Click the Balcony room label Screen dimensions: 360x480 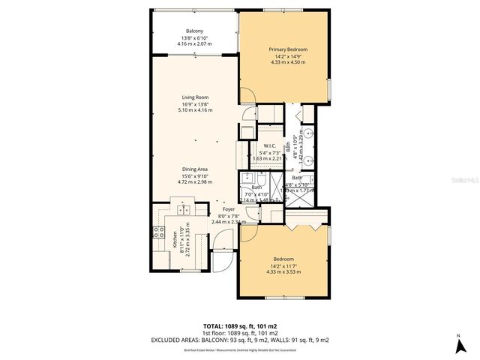[194, 31]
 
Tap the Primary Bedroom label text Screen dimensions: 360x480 [288, 49]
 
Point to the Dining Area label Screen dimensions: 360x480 [194, 169]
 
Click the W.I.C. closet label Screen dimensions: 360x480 [269, 145]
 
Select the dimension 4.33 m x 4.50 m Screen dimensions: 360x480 [288, 62]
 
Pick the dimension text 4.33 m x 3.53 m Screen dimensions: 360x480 [283, 271]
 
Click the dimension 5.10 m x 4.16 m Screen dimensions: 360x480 [194, 110]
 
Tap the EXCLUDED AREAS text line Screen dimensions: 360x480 [240, 338]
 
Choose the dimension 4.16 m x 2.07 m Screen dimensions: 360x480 [194, 44]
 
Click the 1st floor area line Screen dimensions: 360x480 [240, 332]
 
